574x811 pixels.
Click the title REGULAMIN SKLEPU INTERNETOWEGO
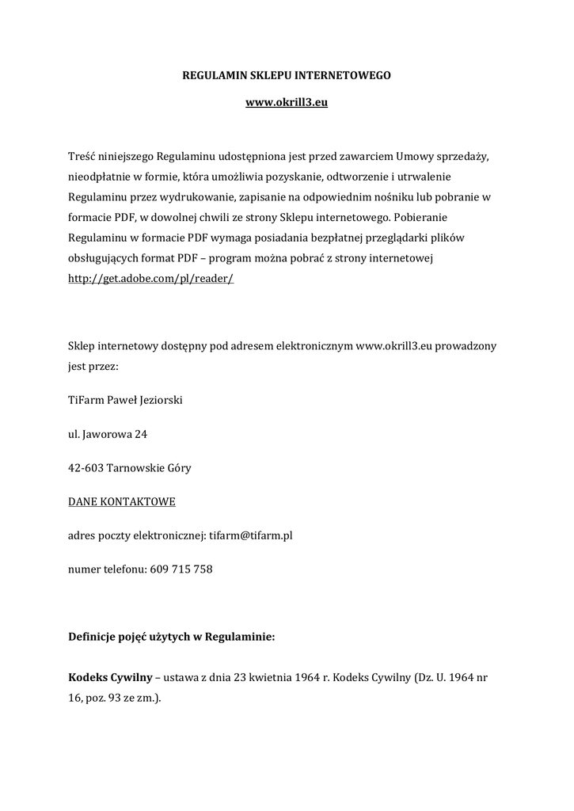coord(287,77)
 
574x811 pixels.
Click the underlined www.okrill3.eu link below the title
coord(287,105)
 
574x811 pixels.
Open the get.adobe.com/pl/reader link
coord(151,280)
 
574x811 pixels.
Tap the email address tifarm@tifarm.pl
coord(251,536)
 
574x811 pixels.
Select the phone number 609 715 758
coord(181,569)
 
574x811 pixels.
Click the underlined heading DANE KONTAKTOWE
coord(122,502)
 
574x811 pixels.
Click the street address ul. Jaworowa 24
coord(108,434)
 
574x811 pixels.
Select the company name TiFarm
coord(86,400)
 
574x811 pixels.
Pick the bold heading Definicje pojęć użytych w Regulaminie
coord(172,635)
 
